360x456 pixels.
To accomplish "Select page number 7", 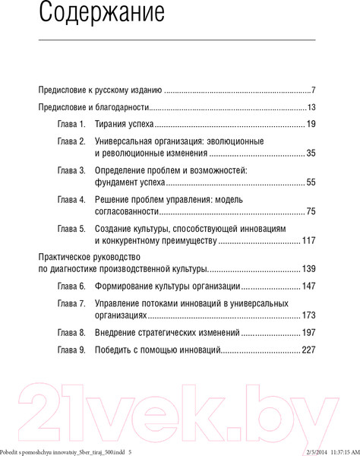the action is click(x=313, y=89).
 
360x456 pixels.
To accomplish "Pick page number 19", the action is click(x=311, y=124).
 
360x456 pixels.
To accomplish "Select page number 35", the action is click(x=311, y=153).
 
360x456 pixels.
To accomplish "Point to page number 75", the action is click(x=311, y=211).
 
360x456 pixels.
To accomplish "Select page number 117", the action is click(x=308, y=240).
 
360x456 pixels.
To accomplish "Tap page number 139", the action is click(x=308, y=269).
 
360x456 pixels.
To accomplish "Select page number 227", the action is click(x=308, y=351).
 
